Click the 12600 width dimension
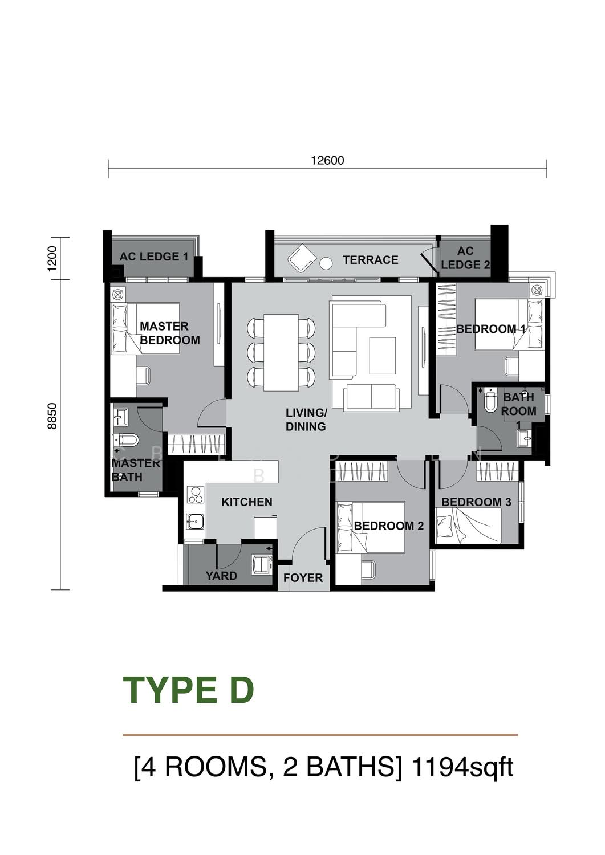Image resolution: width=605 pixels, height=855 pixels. click(327, 160)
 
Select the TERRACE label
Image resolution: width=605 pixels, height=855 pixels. click(370, 260)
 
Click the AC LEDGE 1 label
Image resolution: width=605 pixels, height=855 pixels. click(154, 256)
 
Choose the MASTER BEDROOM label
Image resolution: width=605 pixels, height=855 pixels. click(169, 333)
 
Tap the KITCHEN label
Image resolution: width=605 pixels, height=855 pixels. click(247, 502)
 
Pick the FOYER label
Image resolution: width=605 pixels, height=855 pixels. click(303, 578)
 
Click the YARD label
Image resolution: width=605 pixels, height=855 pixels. click(221, 576)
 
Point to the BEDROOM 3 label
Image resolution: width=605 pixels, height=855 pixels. click(476, 502)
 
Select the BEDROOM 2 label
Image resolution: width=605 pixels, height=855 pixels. click(389, 526)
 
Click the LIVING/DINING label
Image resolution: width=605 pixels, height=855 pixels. click(306, 420)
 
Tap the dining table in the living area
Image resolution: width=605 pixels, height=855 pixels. click(282, 352)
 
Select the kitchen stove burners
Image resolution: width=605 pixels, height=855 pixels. click(196, 495)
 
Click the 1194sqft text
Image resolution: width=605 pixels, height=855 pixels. click(462, 768)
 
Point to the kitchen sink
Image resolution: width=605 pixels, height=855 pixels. click(196, 521)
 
